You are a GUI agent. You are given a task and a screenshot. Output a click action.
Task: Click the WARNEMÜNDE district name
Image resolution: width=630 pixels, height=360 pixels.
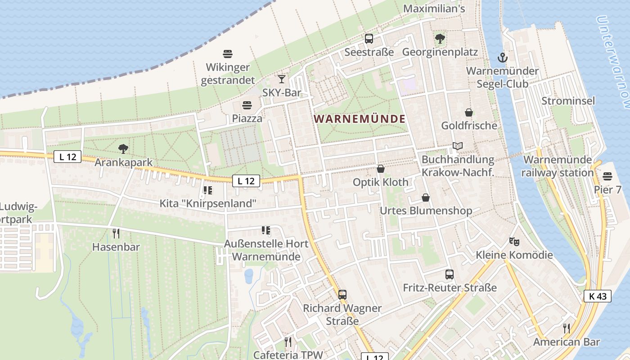pos(360,119)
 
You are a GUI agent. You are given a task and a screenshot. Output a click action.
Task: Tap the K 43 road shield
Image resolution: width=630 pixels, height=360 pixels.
pos(598,296)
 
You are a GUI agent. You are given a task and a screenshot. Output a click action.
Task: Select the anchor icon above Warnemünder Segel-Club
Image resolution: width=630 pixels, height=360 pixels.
pos(502,58)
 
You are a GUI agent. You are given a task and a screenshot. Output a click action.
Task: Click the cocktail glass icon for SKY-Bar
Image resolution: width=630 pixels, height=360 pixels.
pos(282,79)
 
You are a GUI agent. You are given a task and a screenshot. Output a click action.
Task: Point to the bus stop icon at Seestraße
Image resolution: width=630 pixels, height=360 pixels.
pos(369,39)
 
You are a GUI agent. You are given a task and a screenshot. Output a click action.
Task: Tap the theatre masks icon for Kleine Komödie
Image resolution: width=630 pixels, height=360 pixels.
pos(514,242)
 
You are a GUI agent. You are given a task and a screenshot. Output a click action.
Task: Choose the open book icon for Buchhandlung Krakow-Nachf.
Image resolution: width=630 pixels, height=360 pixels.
pos(458,146)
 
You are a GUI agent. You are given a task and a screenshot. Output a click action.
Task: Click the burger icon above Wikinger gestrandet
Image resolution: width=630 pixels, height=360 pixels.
pos(228,54)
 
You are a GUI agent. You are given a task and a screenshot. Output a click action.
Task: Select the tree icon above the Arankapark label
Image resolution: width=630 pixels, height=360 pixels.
pos(123,148)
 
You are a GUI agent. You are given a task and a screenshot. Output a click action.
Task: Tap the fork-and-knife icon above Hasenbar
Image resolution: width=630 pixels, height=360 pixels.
pos(116,233)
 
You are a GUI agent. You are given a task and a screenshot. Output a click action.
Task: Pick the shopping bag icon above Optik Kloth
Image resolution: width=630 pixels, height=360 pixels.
pos(381,169)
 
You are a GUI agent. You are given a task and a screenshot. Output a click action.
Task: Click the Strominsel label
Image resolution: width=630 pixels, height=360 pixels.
pos(568,101)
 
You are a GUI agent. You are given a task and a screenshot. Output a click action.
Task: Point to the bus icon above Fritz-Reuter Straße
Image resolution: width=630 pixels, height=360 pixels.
pos(449,274)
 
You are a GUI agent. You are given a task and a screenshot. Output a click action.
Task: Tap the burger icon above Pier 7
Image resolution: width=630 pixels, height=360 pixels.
pos(607,176)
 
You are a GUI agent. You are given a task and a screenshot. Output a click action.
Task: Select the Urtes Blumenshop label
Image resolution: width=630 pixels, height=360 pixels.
pos(426,211)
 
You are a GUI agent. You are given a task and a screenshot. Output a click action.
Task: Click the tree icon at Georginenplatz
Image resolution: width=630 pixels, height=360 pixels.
pos(440,39)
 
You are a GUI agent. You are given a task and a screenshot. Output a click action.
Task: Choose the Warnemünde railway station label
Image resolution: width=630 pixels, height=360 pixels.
pos(558,166)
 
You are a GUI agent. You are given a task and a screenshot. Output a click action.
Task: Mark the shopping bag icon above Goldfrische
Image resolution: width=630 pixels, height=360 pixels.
pos(469,112)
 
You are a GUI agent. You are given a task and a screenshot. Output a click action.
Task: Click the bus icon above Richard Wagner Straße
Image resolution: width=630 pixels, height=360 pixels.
pos(342,295)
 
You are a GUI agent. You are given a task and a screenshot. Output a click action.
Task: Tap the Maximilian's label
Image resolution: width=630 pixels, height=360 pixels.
pos(434,9)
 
